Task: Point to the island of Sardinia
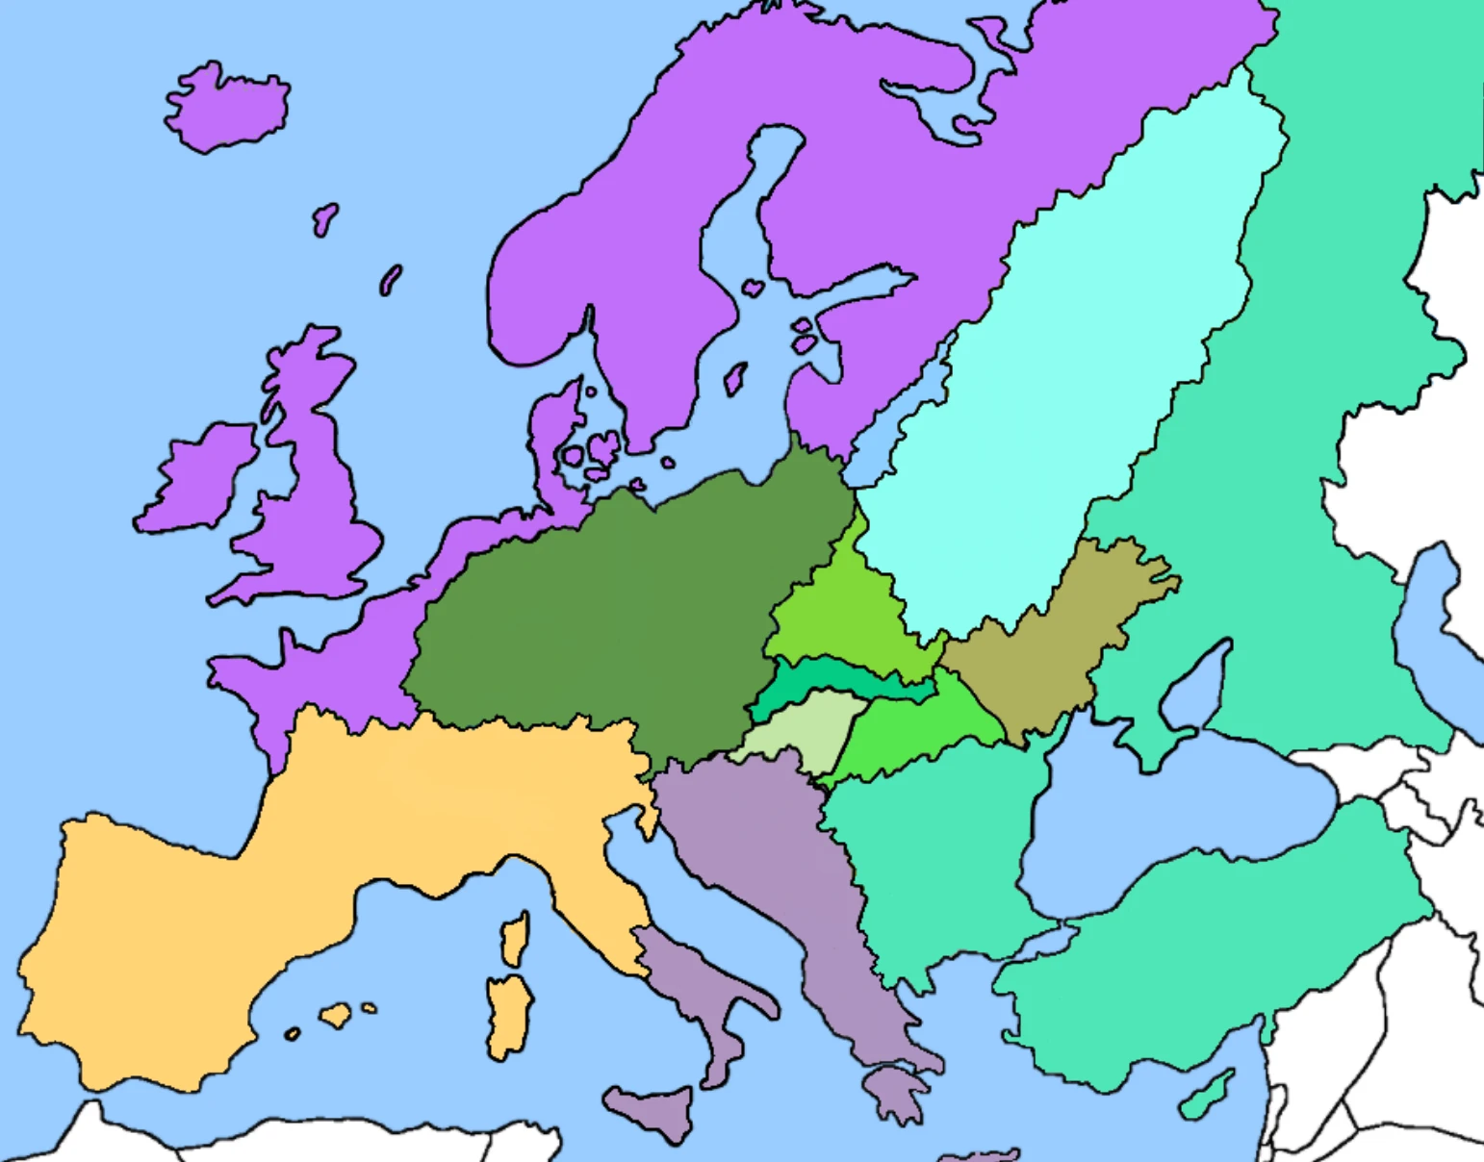508,1015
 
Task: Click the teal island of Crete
1207,1095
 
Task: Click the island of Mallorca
336,1015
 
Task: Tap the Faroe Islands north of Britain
325,219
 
